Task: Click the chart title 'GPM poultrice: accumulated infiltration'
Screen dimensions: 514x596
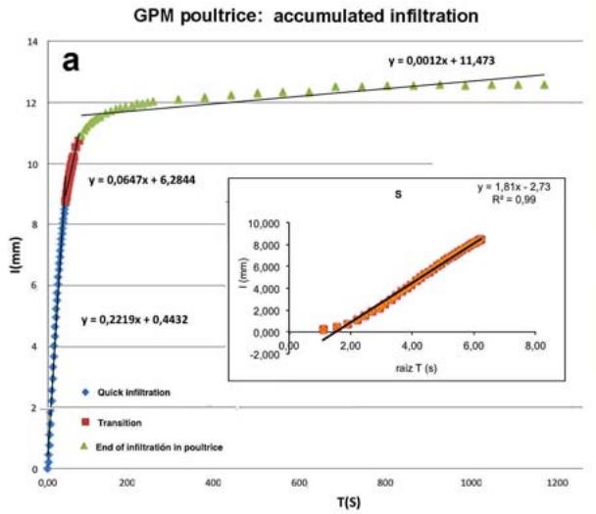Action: click(x=299, y=16)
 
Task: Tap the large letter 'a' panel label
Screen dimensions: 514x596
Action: click(x=71, y=61)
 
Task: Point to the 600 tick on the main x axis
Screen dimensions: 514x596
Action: click(x=300, y=484)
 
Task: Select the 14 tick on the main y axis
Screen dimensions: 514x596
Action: click(x=32, y=43)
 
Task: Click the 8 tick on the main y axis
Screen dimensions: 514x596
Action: click(x=34, y=225)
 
